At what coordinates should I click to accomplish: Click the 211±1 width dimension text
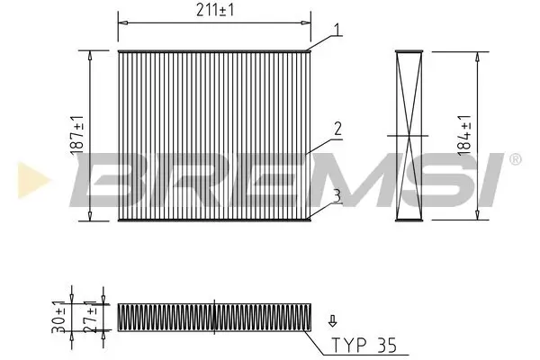(216, 12)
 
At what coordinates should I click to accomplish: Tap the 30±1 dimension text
(58, 318)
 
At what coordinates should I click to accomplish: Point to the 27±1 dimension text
(89, 318)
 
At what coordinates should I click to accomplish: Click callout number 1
(336, 30)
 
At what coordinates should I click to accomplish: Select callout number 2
(336, 130)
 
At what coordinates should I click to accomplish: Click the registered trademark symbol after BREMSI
(514, 159)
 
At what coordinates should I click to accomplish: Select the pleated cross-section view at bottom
(215, 317)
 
